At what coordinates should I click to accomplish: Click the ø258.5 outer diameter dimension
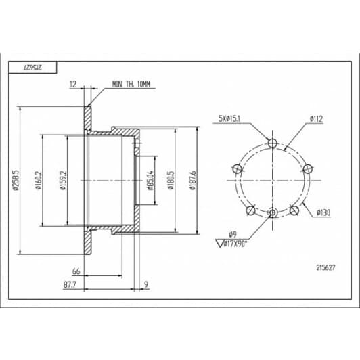point(16,181)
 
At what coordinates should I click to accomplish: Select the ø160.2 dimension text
point(38,181)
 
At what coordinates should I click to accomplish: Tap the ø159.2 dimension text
point(63,181)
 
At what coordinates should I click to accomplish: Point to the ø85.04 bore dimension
point(150,181)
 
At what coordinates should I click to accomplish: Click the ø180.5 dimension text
point(171,181)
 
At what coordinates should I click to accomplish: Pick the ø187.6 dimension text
point(193,181)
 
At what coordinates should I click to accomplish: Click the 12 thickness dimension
point(73,84)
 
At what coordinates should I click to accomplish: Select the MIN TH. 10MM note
point(131,84)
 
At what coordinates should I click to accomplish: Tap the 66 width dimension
point(76,271)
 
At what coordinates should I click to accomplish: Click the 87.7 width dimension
point(70,285)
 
